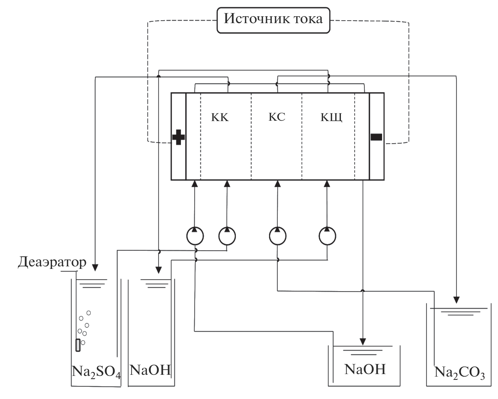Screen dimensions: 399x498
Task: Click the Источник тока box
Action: click(x=273, y=19)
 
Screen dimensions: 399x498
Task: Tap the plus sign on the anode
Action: click(x=178, y=137)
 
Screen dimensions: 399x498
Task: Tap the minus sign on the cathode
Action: click(x=376, y=137)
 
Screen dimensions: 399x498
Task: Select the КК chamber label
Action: click(x=220, y=118)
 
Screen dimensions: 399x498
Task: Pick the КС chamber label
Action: click(x=277, y=117)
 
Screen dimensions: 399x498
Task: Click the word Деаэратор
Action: click(x=52, y=262)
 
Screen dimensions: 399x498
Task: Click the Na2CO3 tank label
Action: click(x=459, y=372)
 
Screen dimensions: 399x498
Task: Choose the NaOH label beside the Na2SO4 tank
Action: click(x=150, y=370)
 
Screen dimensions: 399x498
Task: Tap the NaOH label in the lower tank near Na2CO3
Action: click(x=365, y=369)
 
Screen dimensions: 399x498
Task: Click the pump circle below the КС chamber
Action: click(x=277, y=236)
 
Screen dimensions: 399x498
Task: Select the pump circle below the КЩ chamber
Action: click(x=327, y=236)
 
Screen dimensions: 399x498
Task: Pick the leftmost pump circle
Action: click(x=195, y=236)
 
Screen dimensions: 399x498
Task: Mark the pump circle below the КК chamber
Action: click(x=227, y=236)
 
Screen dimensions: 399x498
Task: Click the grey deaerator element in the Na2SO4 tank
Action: click(x=78, y=345)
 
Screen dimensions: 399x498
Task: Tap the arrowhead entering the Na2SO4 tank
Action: click(x=95, y=268)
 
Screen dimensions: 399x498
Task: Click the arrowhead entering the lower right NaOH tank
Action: click(x=363, y=342)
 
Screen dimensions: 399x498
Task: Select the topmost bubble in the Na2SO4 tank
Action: click(x=88, y=313)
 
